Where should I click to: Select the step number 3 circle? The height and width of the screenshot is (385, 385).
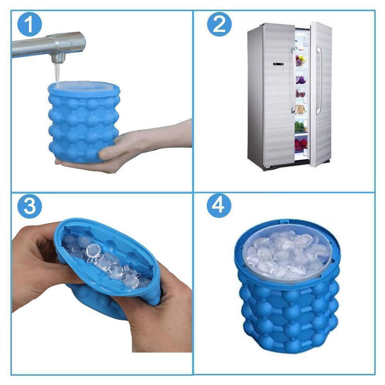pos(29,206)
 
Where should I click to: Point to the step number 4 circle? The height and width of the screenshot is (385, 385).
pos(219,206)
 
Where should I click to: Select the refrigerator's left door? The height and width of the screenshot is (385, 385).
pos(269,96)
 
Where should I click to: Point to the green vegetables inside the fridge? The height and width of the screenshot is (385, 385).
pos(300,127)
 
